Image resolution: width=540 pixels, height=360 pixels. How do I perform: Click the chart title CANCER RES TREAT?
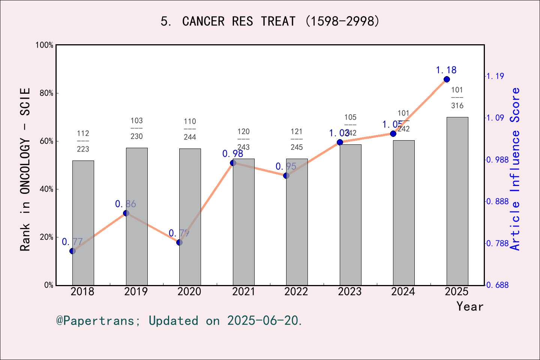coord(270,21)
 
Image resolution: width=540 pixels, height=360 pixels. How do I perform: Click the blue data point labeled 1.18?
coord(447,79)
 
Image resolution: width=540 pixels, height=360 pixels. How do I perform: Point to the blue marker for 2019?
coord(126,213)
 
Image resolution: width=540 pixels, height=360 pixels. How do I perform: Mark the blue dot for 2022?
coord(286,175)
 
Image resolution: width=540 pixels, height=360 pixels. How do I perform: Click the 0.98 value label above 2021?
coord(232,154)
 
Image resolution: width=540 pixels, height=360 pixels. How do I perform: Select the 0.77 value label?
coord(72,242)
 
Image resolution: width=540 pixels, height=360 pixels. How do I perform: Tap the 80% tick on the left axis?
coord(46,93)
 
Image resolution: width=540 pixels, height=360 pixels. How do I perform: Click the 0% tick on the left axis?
coord(49,285)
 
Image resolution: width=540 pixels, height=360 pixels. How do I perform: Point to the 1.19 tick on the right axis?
coord(495,76)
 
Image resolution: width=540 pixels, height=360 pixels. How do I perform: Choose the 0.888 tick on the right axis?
coord(498,202)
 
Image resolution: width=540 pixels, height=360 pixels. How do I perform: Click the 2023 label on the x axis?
coord(349,291)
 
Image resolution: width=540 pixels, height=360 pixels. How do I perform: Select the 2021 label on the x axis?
coord(243,291)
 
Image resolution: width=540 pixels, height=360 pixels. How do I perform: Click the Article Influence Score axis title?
coord(516,169)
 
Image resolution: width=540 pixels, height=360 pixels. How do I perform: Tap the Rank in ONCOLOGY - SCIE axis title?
coord(25,169)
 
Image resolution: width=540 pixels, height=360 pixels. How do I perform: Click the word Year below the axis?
coord(469,306)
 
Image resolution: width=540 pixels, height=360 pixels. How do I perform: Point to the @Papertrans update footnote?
coord(179,321)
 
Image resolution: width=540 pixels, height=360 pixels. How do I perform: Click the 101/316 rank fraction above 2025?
coord(457,98)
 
